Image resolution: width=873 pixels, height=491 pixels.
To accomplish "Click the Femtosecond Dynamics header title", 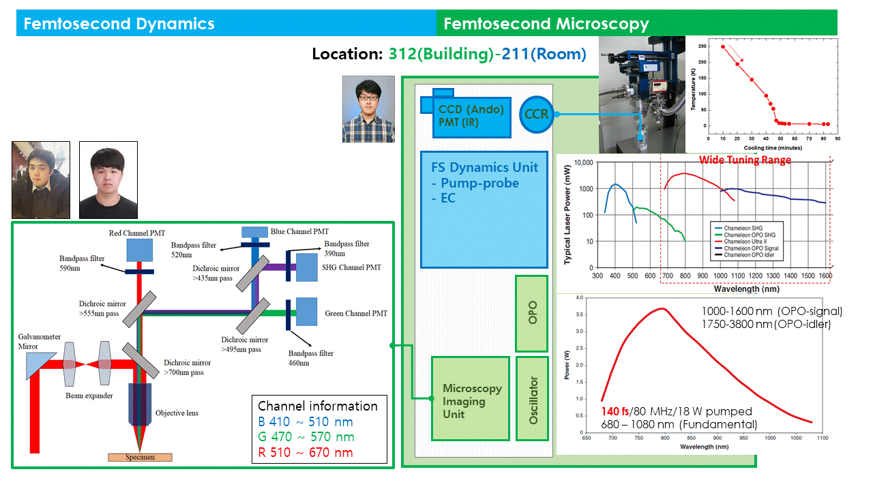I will click(x=119, y=25).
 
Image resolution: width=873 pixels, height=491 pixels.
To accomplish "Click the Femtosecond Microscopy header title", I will click(x=546, y=25).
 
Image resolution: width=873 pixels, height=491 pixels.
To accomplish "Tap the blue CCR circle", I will click(x=537, y=114).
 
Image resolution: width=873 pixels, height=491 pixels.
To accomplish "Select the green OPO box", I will click(x=532, y=313).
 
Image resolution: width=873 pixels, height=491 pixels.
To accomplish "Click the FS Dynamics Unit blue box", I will click(x=484, y=209).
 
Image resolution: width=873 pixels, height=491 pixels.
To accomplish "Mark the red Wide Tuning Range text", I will click(x=745, y=160).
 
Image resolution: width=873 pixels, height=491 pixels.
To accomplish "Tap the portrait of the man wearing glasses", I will click(x=368, y=108).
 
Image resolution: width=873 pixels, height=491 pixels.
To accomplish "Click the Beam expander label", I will click(x=89, y=395).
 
